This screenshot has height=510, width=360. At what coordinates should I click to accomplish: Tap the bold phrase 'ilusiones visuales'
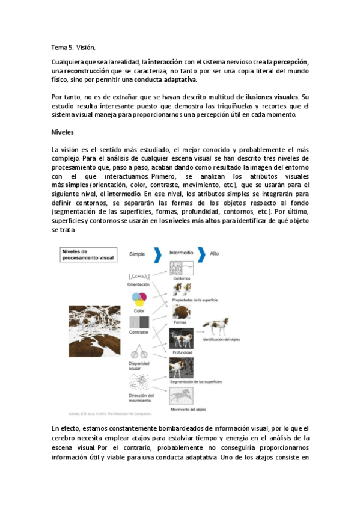click(272, 96)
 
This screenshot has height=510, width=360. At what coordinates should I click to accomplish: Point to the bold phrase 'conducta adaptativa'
click(165, 79)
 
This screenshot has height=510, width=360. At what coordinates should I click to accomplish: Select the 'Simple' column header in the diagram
click(138, 254)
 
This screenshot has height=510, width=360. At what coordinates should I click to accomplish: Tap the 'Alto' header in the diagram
click(215, 254)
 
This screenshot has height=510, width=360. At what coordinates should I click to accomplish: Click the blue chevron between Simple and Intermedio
click(158, 254)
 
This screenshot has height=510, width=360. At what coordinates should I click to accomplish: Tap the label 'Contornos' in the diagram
click(182, 279)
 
